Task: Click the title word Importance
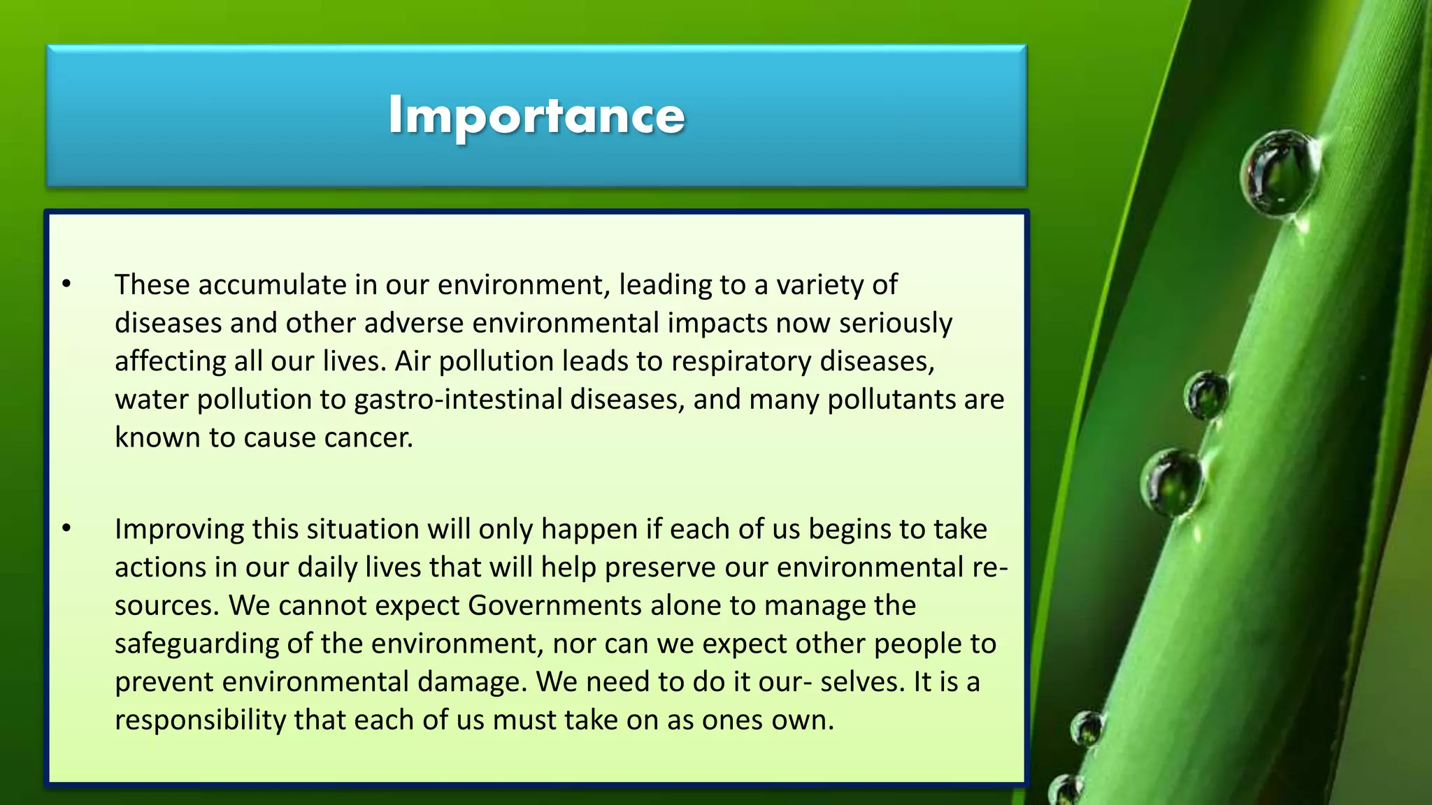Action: click(536, 115)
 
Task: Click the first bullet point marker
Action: click(66, 284)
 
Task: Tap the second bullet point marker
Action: click(66, 528)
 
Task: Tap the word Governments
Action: click(554, 606)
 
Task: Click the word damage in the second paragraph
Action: click(471, 682)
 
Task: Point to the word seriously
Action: click(896, 324)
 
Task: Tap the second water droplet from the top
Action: click(1206, 395)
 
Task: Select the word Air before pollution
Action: click(413, 362)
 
